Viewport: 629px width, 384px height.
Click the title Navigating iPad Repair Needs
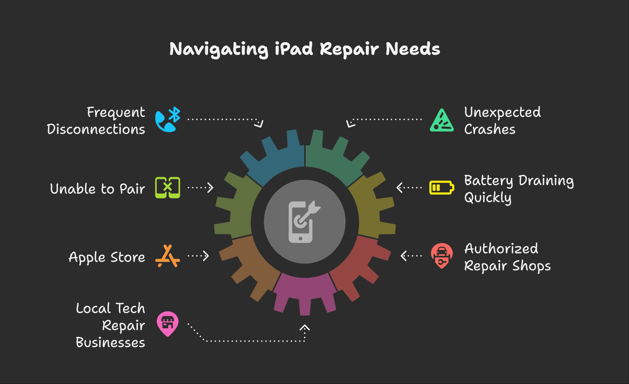click(x=305, y=49)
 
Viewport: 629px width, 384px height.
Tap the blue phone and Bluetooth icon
click(x=168, y=120)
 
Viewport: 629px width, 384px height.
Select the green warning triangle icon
click(x=442, y=121)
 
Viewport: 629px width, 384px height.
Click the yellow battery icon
click(x=441, y=188)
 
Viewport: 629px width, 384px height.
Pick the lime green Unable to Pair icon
click(x=168, y=188)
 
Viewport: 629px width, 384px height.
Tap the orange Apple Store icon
click(x=168, y=256)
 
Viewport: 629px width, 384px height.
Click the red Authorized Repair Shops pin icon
click(x=441, y=256)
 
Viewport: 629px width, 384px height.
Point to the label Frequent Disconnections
click(x=96, y=121)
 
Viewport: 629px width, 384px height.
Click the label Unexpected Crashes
click(x=502, y=121)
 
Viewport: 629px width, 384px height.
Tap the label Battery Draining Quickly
click(x=519, y=188)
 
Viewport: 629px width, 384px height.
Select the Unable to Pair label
click(x=97, y=189)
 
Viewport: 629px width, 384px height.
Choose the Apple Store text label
click(x=106, y=257)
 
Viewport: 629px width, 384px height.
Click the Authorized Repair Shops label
click(x=507, y=257)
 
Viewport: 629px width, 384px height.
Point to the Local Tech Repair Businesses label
click(x=110, y=325)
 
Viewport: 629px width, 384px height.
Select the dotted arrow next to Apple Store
click(x=198, y=255)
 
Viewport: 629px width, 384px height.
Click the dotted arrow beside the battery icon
click(x=409, y=188)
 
